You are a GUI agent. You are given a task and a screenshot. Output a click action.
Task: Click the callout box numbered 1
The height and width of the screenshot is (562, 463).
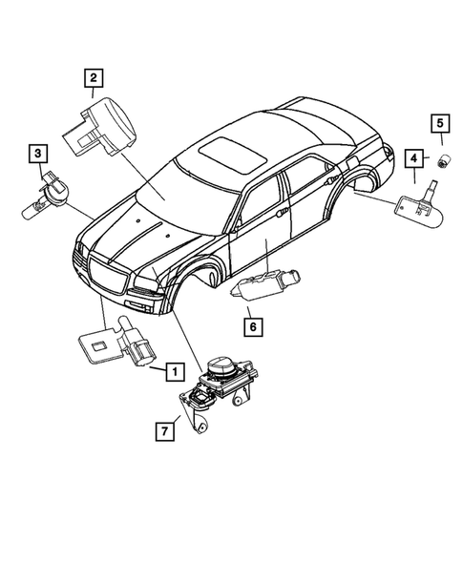(174, 367)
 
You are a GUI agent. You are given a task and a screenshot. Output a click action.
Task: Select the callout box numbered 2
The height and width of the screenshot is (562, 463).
(94, 79)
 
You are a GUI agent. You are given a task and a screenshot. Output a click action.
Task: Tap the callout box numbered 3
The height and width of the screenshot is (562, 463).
(38, 153)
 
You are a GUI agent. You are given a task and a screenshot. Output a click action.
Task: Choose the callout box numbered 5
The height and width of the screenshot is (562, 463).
(441, 122)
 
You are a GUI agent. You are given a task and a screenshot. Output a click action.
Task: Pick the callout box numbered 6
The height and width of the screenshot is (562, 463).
(252, 326)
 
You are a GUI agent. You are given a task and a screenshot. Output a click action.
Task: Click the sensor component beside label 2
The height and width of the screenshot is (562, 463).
(99, 129)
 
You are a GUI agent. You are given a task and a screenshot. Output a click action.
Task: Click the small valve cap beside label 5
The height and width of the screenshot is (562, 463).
(441, 159)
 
